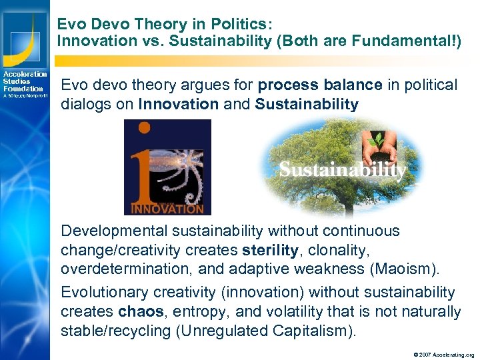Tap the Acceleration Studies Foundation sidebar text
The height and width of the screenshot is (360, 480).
coord(25,81)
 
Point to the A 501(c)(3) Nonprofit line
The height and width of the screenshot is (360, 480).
coord(25,96)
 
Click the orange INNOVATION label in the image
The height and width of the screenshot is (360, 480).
coord(167,208)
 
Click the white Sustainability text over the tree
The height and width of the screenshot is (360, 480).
coord(342,170)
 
